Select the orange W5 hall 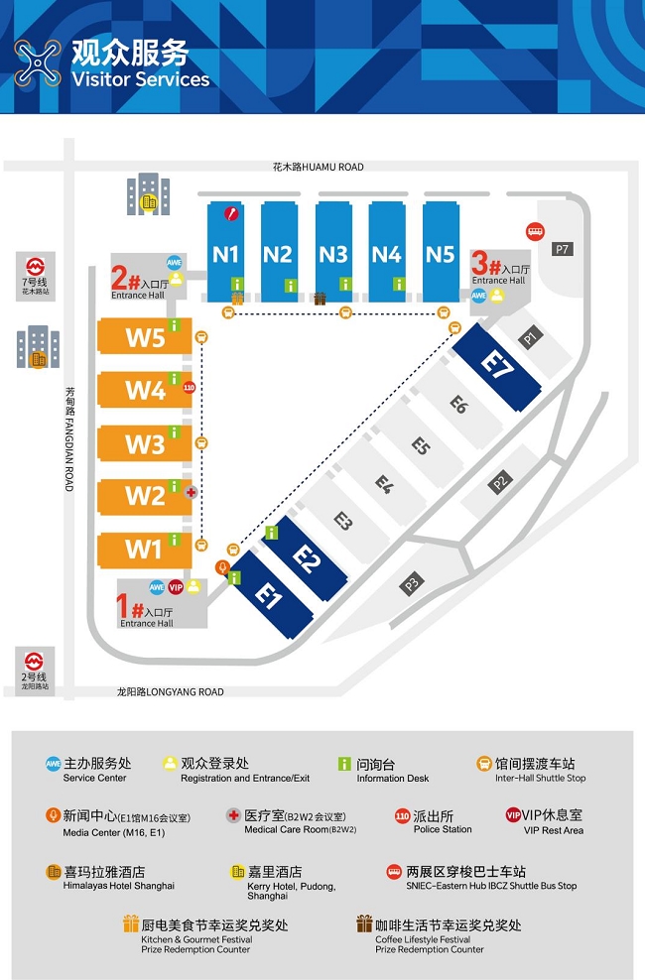[x=145, y=337]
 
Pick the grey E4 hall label [x=384, y=484]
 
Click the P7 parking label [x=563, y=249]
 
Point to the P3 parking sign [x=411, y=584]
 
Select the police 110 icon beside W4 [x=189, y=387]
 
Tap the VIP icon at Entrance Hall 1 [x=176, y=587]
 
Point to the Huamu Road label [x=318, y=167]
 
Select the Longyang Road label [x=170, y=691]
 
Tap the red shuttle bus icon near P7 [x=534, y=231]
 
